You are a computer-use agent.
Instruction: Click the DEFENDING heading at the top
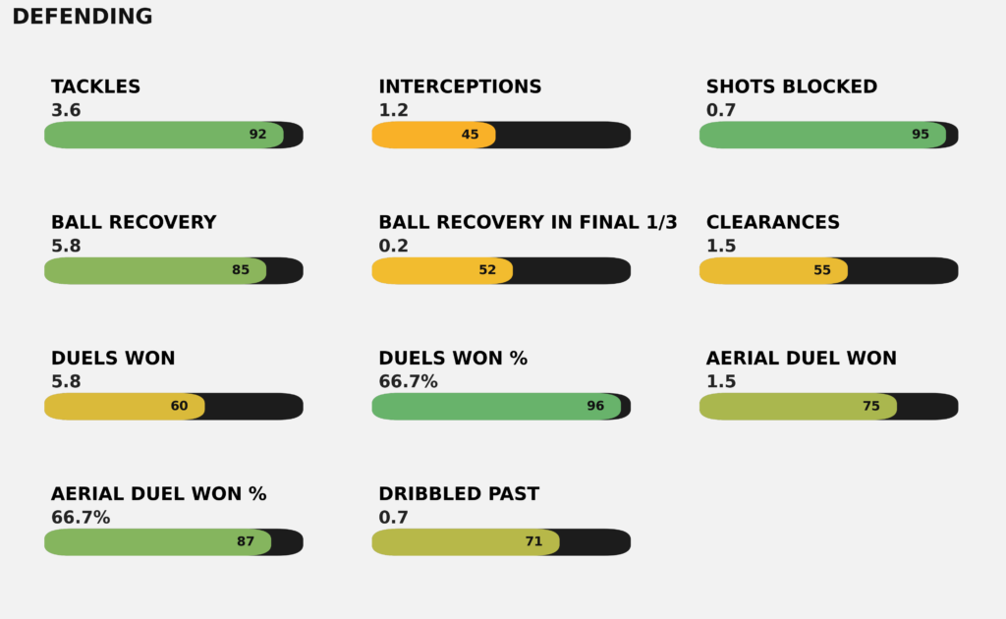83,17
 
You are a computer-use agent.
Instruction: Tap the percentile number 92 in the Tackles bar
257,135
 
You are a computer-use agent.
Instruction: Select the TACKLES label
95,86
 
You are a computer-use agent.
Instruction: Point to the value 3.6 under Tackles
66,110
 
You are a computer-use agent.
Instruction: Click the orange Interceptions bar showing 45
432,135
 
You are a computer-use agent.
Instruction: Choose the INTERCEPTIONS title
460,86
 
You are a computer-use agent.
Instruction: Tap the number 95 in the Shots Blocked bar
921,135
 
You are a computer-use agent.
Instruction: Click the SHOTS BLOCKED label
792,86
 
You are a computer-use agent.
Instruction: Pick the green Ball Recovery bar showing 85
154,270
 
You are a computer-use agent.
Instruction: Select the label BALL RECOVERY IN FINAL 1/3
528,222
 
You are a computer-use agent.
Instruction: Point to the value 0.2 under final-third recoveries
393,246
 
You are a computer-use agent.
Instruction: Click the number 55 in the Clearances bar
822,270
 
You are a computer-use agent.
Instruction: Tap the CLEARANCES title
773,222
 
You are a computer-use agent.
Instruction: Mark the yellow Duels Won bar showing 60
124,406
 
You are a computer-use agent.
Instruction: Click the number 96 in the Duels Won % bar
595,406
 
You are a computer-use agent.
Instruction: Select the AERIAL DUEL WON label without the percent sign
802,358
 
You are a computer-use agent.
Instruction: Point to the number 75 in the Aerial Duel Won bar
871,406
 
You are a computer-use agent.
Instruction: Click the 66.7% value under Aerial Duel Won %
81,517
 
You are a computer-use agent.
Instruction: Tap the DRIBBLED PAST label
459,493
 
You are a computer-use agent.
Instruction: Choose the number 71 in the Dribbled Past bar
533,541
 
